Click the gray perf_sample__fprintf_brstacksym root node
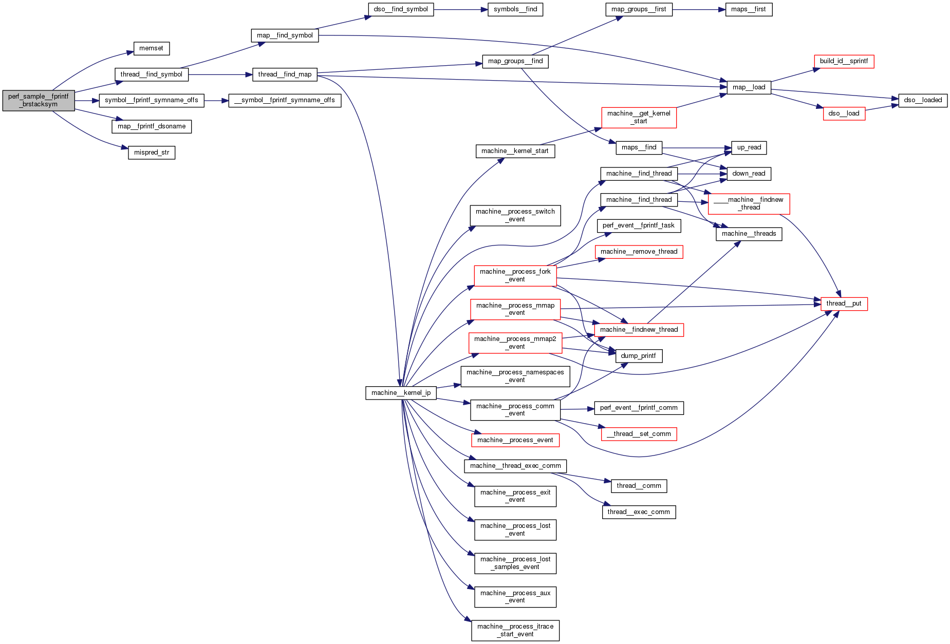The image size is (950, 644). click(39, 100)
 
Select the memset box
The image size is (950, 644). click(151, 48)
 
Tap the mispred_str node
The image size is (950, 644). click(152, 153)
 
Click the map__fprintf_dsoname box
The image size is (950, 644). click(152, 126)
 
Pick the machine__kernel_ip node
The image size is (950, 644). click(401, 393)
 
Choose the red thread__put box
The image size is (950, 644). click(844, 304)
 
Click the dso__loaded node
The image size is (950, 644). click(923, 100)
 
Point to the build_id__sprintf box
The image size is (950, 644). click(844, 61)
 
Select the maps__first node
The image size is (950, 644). click(748, 9)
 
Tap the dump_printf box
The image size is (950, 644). click(638, 356)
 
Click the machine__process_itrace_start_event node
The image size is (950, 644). click(515, 630)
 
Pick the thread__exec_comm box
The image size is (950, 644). click(639, 512)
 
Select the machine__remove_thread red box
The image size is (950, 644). click(639, 252)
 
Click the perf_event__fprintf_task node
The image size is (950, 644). click(638, 225)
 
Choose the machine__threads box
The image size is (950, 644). click(749, 234)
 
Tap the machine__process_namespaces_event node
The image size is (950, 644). click(515, 376)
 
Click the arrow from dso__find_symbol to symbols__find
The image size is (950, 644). click(460, 9)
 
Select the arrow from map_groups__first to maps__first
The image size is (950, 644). click(699, 9)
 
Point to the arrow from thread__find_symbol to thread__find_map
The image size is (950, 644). click(220, 74)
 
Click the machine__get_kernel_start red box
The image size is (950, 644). click(639, 117)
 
